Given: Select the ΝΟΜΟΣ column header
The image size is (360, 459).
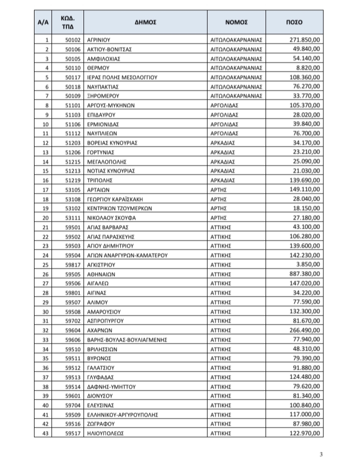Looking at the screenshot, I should pos(236,22).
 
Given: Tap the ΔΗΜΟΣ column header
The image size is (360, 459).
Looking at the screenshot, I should pos(146,22).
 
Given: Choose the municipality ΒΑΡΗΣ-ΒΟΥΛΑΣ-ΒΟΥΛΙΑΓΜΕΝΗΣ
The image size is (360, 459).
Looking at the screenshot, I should pos(127,339).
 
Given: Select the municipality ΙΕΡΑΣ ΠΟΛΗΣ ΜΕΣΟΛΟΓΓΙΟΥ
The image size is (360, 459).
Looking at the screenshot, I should pos(122,77).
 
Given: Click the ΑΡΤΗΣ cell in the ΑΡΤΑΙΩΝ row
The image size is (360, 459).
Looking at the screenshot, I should pos(219,189).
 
